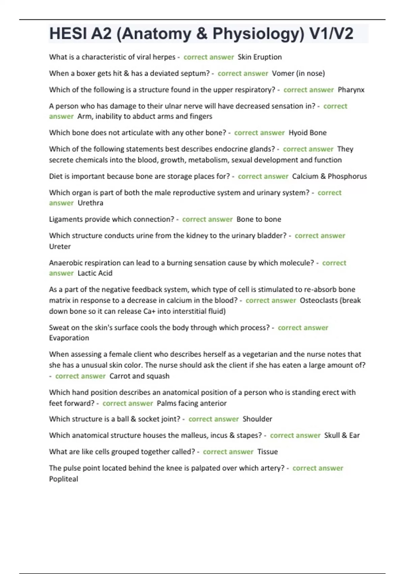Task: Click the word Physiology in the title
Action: [x=258, y=34]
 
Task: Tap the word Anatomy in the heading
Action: [x=157, y=34]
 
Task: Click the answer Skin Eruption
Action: [x=260, y=57]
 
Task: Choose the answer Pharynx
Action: [x=351, y=90]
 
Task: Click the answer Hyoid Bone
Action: [x=307, y=133]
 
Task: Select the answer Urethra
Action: [x=90, y=203]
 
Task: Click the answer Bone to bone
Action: [x=259, y=219]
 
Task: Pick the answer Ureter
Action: [x=60, y=246]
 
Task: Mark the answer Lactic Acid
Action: [x=95, y=273]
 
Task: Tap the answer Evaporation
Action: [x=69, y=338]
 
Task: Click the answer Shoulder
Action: [x=257, y=419]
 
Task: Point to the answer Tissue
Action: [x=267, y=452]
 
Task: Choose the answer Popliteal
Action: [x=63, y=479]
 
